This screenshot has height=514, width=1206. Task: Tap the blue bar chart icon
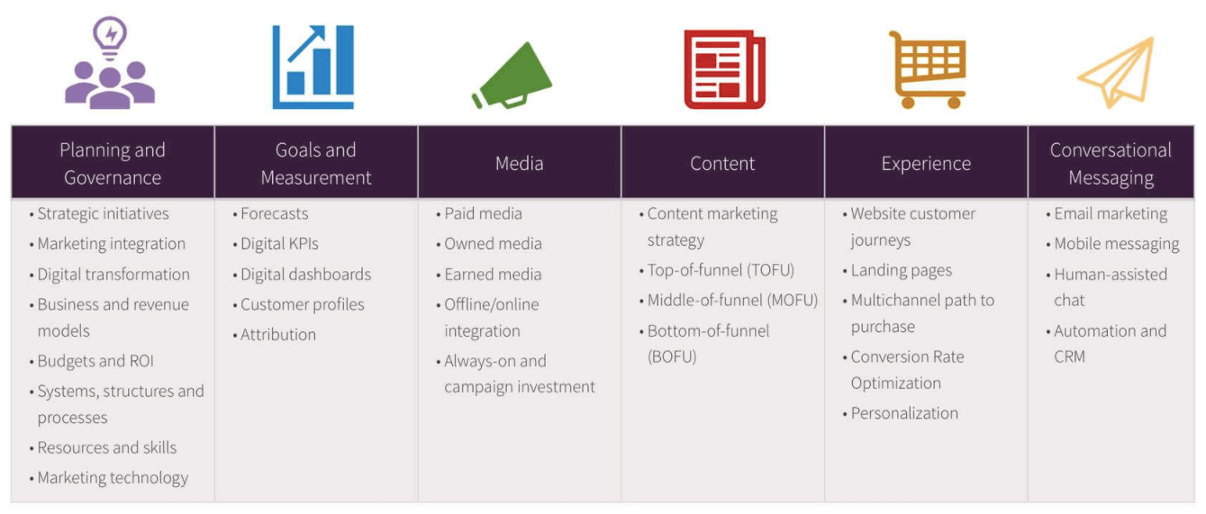[313, 68]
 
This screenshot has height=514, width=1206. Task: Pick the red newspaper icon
[724, 69]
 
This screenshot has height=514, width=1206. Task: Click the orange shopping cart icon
[927, 69]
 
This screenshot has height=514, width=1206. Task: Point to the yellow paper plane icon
[1116, 73]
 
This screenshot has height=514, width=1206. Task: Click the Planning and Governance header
[113, 163]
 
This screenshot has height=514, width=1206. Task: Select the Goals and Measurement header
[316, 163]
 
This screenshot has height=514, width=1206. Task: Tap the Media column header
[520, 163]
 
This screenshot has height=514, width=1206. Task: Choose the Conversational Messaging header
[1111, 163]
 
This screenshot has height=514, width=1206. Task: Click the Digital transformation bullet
[113, 275]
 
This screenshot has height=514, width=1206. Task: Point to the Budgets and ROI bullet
[95, 361]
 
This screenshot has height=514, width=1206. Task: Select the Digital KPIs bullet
[279, 244]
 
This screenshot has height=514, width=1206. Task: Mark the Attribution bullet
[278, 334]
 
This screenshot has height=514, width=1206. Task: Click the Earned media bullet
[493, 274]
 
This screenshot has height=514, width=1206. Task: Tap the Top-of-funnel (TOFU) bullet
[721, 270]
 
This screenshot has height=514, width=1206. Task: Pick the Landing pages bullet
[901, 270]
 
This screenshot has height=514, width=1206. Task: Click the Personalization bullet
[904, 413]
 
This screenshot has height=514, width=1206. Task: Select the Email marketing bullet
[1111, 214]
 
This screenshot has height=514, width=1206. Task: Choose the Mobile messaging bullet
[1116, 244]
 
